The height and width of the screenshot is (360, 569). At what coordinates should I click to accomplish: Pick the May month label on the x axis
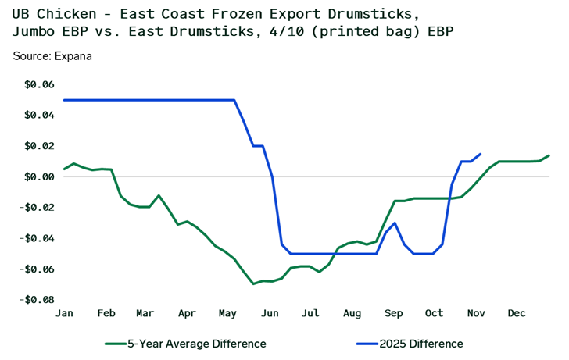228,313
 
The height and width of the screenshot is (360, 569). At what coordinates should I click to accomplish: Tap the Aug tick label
352,313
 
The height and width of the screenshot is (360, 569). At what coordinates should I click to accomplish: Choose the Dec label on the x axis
517,313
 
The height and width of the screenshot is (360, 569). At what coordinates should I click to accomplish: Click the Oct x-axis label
434,313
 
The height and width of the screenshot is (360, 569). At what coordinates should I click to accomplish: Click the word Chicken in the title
70,13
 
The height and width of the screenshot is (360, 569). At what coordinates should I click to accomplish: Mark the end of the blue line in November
480,154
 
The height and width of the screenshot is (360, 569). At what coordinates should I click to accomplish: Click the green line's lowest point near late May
253,283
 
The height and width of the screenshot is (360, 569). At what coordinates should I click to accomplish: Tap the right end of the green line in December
549,155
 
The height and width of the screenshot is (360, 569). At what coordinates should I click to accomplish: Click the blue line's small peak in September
395,223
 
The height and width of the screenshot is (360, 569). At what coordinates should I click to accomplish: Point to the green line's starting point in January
64,169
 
